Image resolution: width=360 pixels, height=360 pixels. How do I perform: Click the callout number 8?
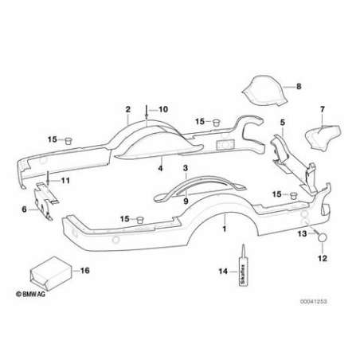coord(299,86)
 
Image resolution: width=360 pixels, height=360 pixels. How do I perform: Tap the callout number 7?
coord(323,109)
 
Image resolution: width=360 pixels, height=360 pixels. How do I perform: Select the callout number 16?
coord(84,271)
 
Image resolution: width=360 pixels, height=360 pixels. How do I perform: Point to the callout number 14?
coord(223,272)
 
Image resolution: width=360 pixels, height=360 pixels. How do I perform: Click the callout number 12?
coord(323,258)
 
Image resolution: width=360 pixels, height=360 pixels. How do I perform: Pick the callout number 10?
coord(163,109)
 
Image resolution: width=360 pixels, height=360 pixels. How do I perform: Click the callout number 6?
coord(24,209)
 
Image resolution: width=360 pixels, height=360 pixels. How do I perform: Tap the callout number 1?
coord(225,229)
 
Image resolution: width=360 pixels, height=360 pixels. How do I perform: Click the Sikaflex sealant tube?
coord(243,265)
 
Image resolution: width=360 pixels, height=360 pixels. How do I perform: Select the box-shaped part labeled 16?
coord(51,273)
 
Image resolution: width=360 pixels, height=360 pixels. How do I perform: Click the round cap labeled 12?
coord(323,237)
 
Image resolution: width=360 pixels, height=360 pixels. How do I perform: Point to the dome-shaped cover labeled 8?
coord(265,91)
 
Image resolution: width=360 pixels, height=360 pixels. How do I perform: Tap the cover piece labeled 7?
coord(323,139)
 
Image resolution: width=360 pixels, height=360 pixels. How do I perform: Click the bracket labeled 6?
coord(45,202)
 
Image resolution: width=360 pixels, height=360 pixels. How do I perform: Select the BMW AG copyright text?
coord(30,294)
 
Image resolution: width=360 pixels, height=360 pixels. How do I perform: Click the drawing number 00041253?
coord(314,302)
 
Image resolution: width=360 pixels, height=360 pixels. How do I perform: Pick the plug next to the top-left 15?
coord(68,141)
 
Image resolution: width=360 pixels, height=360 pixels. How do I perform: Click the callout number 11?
coord(65,181)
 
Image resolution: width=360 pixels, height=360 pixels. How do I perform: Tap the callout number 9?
coord(186,201)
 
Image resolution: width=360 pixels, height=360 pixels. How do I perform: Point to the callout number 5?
coord(283,123)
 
